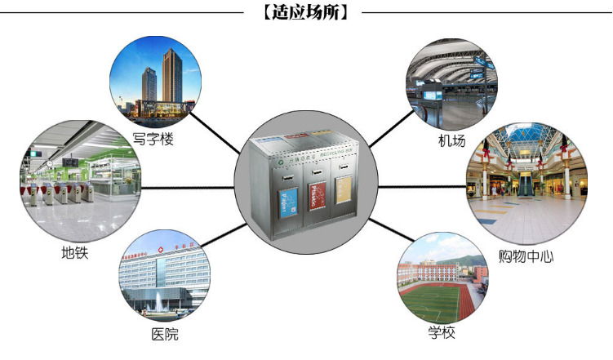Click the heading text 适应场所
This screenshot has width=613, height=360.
[x=305, y=13]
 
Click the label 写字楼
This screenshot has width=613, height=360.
[x=153, y=139]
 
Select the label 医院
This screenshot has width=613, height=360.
[x=164, y=334]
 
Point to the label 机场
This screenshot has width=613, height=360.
[x=451, y=141]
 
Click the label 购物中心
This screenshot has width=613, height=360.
[x=526, y=256]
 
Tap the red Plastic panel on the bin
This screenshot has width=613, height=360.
[x=317, y=198]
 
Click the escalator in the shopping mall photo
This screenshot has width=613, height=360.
[x=526, y=184]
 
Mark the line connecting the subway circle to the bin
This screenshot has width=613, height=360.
[x=188, y=188]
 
